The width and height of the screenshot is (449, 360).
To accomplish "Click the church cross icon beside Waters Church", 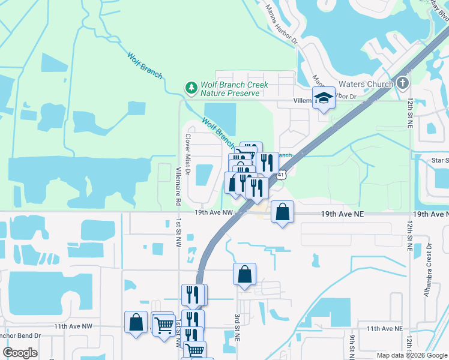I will point(402,83).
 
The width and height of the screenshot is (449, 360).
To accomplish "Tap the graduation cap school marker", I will point(324,99).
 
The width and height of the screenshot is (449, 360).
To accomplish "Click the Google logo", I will point(20,353).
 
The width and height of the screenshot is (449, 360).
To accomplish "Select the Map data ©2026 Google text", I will point(412,355).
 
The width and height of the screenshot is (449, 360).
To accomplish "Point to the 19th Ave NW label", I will point(213,212).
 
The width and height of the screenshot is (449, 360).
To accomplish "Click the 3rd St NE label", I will point(237,328).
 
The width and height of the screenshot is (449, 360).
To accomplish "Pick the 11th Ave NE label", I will point(385,329).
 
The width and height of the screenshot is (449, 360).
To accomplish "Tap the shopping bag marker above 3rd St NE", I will point(244,274).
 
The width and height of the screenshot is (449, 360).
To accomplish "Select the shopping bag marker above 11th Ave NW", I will point(136,322).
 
